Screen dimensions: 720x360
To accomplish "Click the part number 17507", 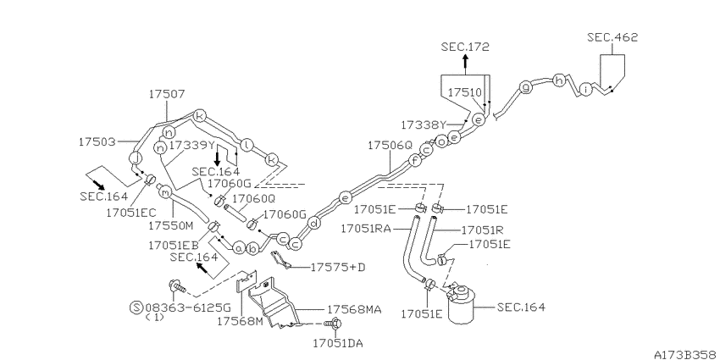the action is pyautogui.click(x=167, y=94).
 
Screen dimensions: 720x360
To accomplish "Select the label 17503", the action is pyautogui.click(x=97, y=142).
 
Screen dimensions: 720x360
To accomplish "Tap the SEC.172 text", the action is pyautogui.click(x=465, y=47).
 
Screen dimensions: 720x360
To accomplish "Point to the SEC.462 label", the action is pyautogui.click(x=612, y=37).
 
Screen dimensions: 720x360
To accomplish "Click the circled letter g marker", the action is pyautogui.click(x=526, y=86).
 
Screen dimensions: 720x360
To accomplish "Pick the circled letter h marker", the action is pyautogui.click(x=559, y=80).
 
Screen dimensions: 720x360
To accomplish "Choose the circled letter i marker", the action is pyautogui.click(x=586, y=89).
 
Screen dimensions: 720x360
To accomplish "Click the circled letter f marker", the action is pyautogui.click(x=415, y=160).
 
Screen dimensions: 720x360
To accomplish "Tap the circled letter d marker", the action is pyautogui.click(x=313, y=224).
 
